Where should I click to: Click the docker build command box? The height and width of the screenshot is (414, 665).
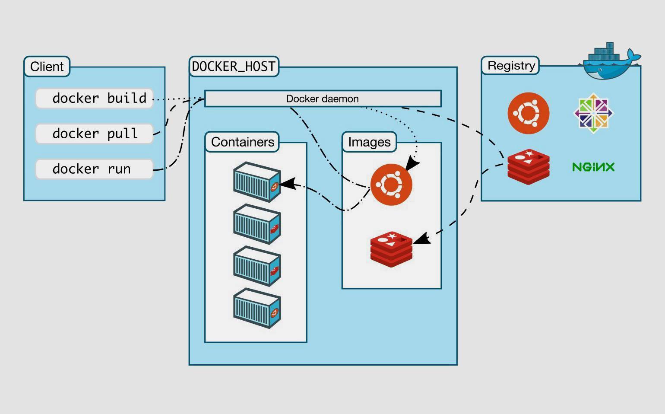click(94, 99)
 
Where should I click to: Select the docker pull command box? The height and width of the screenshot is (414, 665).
click(94, 134)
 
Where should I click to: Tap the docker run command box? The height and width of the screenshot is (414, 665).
click(94, 169)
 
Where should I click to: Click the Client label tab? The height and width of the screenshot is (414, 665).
click(47, 67)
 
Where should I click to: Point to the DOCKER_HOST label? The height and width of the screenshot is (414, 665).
click(234, 67)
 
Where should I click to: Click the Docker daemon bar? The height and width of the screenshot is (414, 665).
click(323, 99)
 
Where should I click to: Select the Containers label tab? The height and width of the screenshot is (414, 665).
click(242, 142)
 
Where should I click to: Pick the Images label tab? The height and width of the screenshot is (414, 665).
click(369, 142)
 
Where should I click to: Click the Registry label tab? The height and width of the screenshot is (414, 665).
click(511, 66)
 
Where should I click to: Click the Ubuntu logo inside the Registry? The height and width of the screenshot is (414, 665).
click(528, 113)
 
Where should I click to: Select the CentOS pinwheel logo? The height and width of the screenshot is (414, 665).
click(593, 113)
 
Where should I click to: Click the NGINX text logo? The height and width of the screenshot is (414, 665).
click(593, 167)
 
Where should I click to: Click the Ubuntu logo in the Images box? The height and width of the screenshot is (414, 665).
click(391, 185)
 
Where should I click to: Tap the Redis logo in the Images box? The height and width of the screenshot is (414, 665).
click(391, 249)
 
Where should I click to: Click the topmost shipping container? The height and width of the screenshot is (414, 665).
click(257, 182)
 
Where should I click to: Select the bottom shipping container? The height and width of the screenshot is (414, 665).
click(257, 308)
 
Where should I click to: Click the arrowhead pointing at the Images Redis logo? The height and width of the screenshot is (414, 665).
click(422, 239)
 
